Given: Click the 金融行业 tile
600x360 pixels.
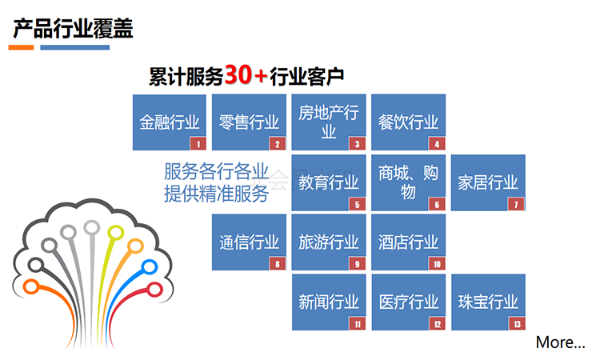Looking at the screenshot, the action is pos(169,122).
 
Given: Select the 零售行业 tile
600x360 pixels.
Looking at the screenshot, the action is pos(249,122).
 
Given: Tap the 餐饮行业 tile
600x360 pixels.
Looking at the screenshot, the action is pos(408,122).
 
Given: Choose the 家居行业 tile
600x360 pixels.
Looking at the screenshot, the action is pos(488,182).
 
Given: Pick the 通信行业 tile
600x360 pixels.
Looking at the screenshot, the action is pos(249,242).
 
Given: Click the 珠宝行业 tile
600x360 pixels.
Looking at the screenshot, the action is pos(488,302).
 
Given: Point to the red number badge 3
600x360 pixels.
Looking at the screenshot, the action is pos(357,144).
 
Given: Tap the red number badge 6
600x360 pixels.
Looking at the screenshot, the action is pos(437,204).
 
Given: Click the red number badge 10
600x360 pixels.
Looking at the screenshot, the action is pos(437,264).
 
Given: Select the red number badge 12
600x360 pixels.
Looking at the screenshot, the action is pos(437,324).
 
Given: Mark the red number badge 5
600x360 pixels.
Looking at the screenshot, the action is pos(357,204).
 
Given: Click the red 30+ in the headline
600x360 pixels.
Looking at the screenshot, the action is pos(246,74).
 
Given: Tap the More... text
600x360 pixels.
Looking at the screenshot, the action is pos(560,342).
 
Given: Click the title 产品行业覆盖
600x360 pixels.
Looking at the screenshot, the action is pos(73,29).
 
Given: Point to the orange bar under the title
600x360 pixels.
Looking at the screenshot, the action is pos(21,47).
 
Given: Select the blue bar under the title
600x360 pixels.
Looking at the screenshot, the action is pos(75,47).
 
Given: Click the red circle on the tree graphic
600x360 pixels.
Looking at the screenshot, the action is pos(155,290).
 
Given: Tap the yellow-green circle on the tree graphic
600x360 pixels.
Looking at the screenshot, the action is pos(115,233).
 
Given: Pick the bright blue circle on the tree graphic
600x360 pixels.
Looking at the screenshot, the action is pos(150,266).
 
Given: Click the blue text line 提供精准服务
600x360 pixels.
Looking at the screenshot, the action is pos(216,193).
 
